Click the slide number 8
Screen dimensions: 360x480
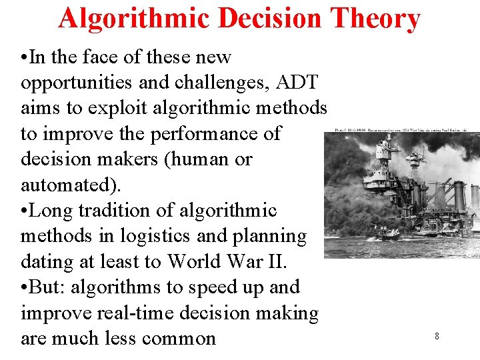(x=437, y=336)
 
